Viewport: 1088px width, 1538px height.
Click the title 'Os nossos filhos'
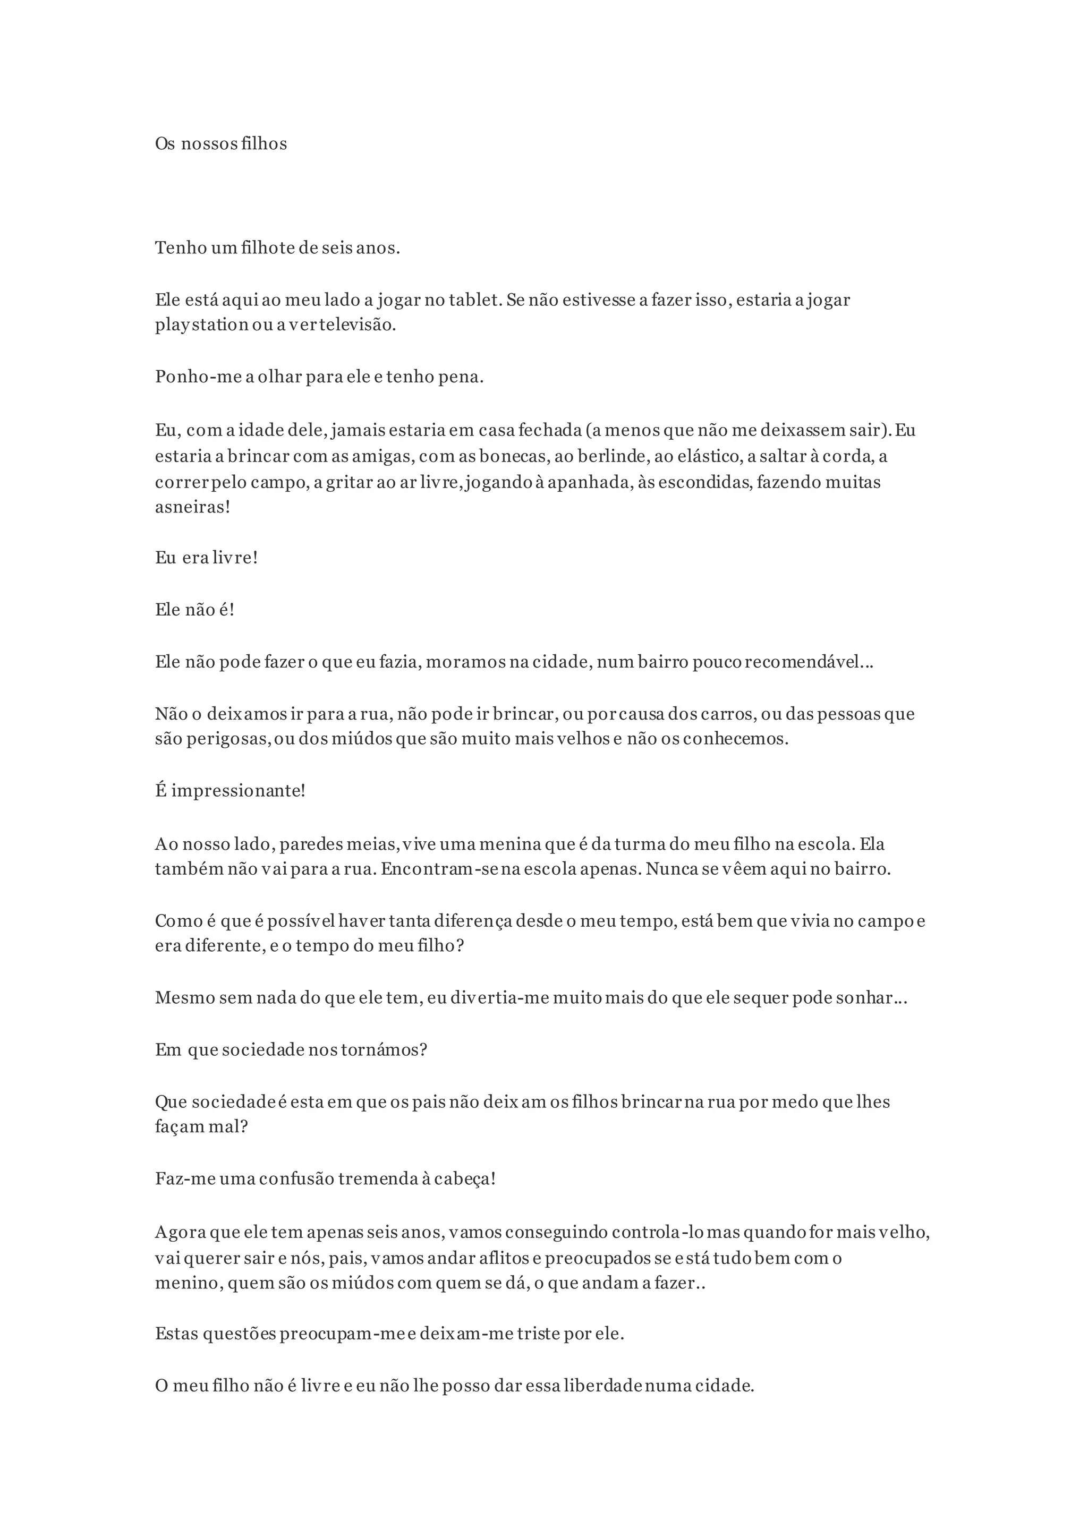pyautogui.click(x=220, y=144)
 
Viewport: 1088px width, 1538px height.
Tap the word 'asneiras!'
pyautogui.click(x=192, y=507)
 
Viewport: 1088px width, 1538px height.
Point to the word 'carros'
pyautogui.click(x=728, y=714)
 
